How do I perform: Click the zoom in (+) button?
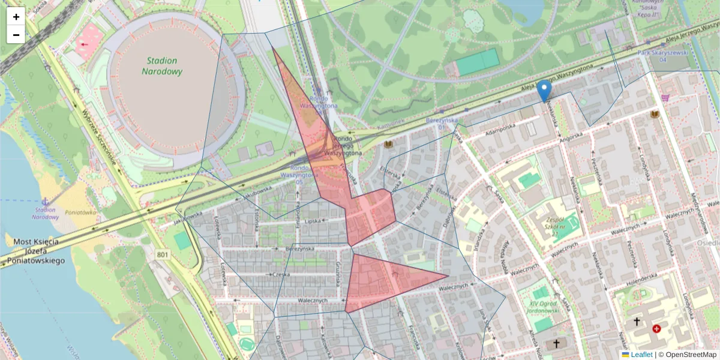[x=16, y=17]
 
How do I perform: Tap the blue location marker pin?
[x=544, y=91]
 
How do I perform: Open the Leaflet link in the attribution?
[x=641, y=355]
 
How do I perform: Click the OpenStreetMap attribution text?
[x=687, y=355]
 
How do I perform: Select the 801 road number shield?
[x=163, y=255]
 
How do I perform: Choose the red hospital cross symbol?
[x=657, y=329]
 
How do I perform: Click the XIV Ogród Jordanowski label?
[x=544, y=307]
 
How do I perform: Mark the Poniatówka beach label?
[x=80, y=212]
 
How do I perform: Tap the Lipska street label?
[x=313, y=221]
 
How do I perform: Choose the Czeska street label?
[x=278, y=274]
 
